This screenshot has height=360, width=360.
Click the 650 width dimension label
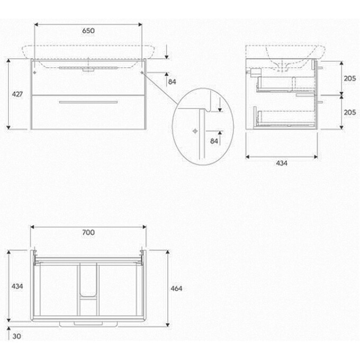coord(88,31)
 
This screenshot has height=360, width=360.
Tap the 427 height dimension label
coord(17,94)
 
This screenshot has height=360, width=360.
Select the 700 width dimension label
coord(88,232)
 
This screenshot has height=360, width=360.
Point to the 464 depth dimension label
coord(176,289)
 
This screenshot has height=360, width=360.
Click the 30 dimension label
coord(17,336)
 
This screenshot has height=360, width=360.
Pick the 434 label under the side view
coord(282,163)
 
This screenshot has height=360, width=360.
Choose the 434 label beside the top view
coord(17,286)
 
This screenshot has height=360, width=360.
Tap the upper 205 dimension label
coord(349,78)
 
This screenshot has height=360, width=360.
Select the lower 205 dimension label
coord(349,112)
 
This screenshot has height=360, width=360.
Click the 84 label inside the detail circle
coord(214,141)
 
